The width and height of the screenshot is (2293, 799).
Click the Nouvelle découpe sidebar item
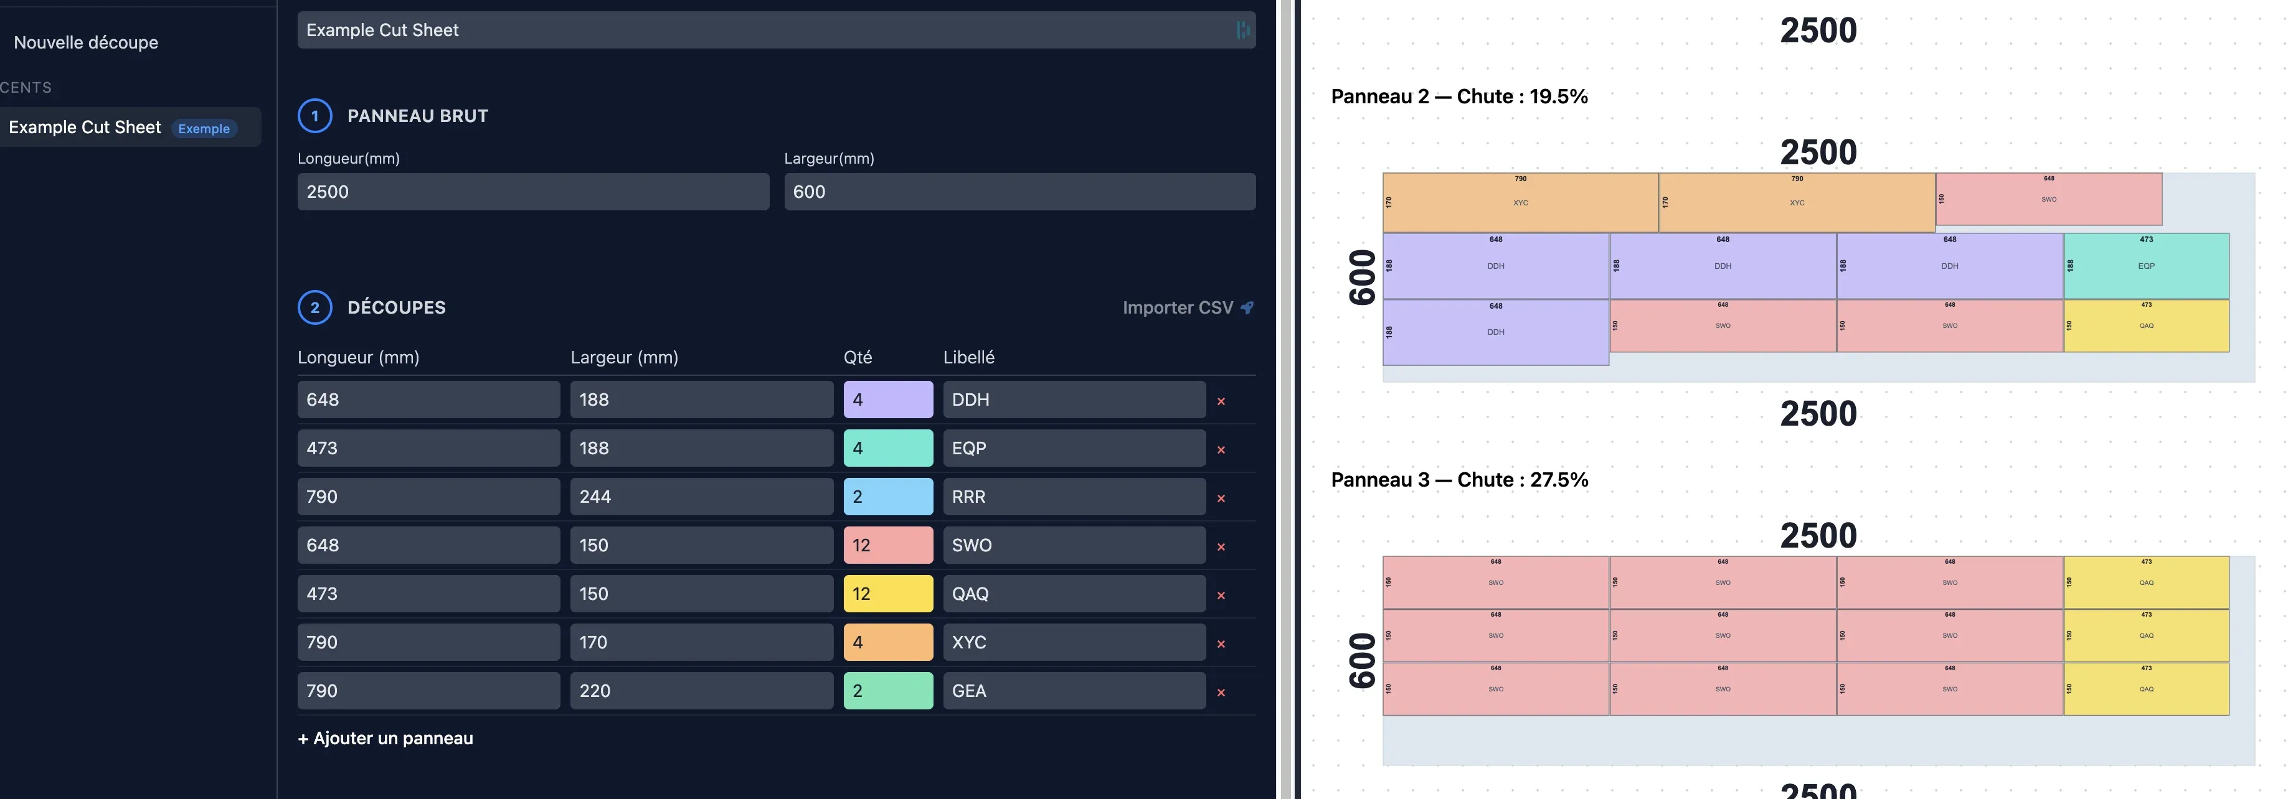pos(87,43)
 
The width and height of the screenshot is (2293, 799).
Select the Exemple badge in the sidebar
pos(204,128)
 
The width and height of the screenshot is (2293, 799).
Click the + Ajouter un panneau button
pos(385,739)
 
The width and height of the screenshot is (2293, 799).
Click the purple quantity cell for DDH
pos(887,399)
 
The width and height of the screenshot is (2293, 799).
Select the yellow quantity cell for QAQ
pos(887,594)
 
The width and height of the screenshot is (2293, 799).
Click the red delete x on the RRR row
pos(1221,498)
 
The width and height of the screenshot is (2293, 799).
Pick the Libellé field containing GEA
pos(1074,691)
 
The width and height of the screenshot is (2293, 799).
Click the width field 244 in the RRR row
pos(701,497)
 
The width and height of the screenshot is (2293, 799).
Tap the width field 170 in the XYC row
pos(701,642)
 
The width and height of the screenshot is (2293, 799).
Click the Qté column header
pos(857,358)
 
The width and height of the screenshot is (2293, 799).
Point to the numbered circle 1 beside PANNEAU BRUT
pos(314,116)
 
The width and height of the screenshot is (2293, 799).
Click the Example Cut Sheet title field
pos(765,30)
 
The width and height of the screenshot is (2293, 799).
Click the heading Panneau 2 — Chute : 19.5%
pos(1459,97)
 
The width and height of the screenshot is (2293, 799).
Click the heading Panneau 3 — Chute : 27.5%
pos(1459,480)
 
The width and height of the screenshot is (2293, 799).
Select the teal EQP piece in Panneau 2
pos(2145,266)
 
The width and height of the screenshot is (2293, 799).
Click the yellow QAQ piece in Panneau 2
pos(2145,325)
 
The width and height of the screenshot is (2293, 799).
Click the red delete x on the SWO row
pos(1221,547)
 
